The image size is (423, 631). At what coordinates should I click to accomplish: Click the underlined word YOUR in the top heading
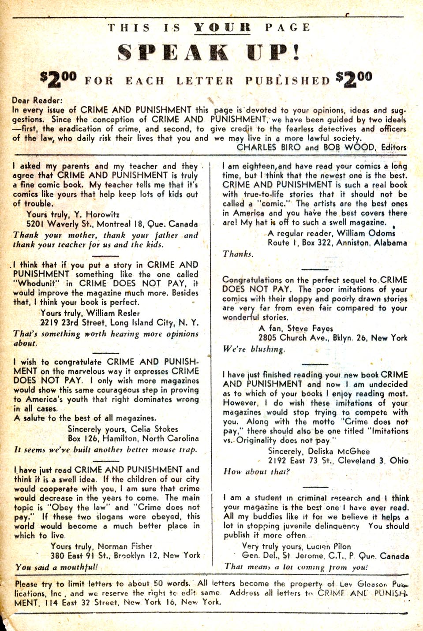pos(222,28)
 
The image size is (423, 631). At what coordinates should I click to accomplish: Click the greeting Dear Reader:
pos(37,101)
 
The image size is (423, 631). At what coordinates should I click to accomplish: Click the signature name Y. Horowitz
pos(96,215)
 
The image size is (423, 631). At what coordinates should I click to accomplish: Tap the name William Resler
pos(113,313)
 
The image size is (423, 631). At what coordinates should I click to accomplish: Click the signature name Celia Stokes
pos(154,429)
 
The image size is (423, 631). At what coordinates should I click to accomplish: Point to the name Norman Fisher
pos(125,546)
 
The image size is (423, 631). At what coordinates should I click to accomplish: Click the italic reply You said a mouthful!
pos(56,567)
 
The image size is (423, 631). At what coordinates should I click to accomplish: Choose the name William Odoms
pos(366,233)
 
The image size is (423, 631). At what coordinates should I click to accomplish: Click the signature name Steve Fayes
pos(310,329)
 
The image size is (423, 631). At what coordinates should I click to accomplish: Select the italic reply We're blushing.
pos(254,349)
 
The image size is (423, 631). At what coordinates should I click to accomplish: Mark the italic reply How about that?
pos(256,471)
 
